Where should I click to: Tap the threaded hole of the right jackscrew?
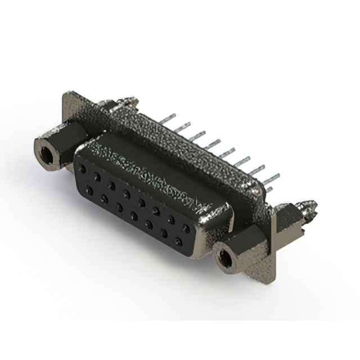[226, 259]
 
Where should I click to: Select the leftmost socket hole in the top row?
[83, 168]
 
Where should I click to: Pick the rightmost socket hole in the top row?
[186, 228]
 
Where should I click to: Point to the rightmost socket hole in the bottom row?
[179, 242]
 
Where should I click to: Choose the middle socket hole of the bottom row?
[134, 216]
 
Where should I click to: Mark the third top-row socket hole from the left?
[112, 185]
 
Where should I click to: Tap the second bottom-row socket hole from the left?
[105, 199]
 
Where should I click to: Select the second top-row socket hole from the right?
[171, 219]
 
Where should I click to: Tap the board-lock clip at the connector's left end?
[128, 102]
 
